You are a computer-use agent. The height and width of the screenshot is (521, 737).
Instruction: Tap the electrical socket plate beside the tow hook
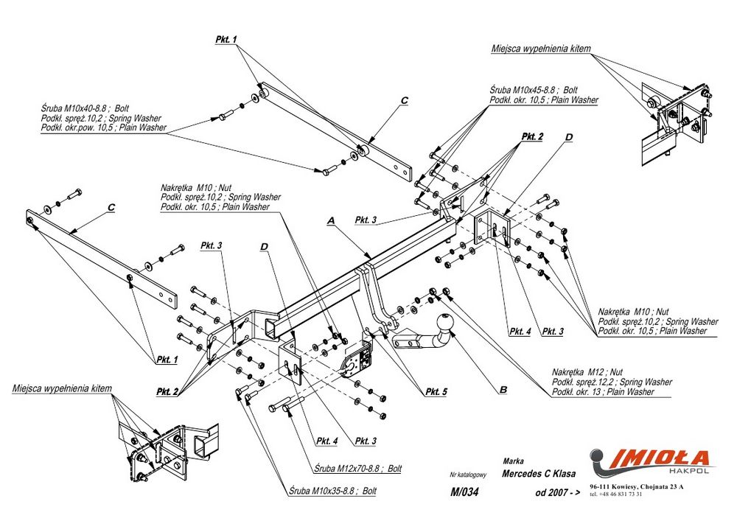357,361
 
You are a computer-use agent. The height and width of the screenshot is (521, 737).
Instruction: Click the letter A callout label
331,220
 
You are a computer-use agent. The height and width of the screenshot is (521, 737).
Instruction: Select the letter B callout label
503,389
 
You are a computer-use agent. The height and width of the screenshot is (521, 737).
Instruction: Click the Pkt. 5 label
436,392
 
